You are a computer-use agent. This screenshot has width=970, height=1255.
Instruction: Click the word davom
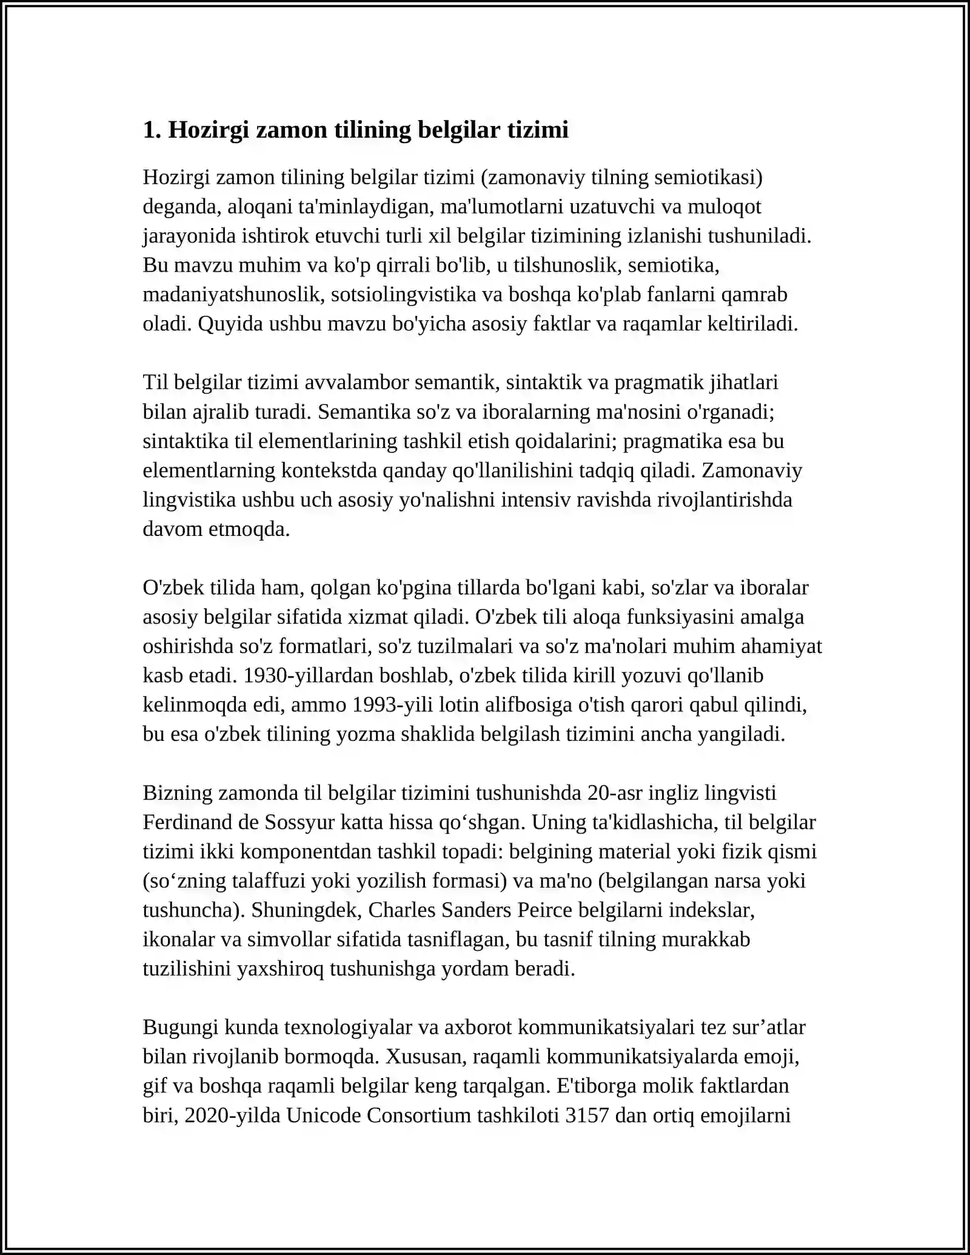173,529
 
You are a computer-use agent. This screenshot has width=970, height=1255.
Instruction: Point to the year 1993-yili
393,705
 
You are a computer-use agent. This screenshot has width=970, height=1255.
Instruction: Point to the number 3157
586,1116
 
